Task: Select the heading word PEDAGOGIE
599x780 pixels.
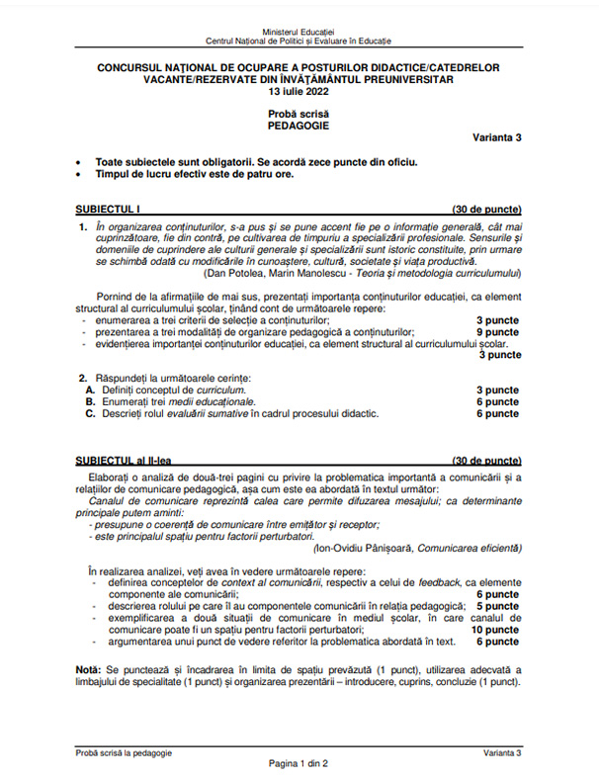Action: pyautogui.click(x=299, y=127)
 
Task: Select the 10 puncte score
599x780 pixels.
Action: pyautogui.click(x=494, y=629)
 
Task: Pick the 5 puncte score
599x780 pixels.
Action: pyautogui.click(x=497, y=605)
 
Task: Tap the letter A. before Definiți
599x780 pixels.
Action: pyautogui.click(x=90, y=390)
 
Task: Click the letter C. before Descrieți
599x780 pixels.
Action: pyautogui.click(x=90, y=414)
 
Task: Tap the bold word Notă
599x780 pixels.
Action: pyautogui.click(x=88, y=671)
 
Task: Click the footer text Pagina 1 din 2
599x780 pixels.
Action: pyautogui.click(x=299, y=764)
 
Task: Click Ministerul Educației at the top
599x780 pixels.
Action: pyautogui.click(x=299, y=31)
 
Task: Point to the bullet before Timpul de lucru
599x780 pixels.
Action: pyautogui.click(x=79, y=173)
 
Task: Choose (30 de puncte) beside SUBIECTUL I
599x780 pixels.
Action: pyautogui.click(x=486, y=211)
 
